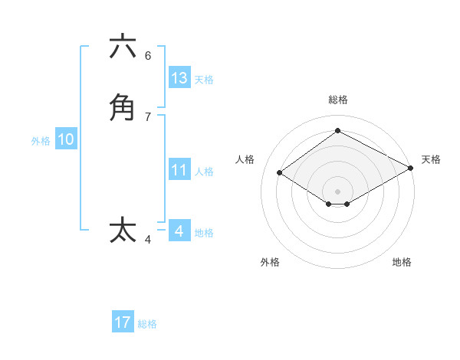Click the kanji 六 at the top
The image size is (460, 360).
pyautogui.click(x=123, y=47)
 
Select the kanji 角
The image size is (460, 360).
pyautogui.click(x=123, y=107)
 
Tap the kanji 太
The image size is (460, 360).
pyautogui.click(x=123, y=230)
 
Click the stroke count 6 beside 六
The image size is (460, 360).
pyautogui.click(x=148, y=56)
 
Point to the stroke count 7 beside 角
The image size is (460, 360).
pyautogui.click(x=148, y=116)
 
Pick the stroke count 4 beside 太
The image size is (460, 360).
pyautogui.click(x=148, y=240)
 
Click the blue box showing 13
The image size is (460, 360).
pyautogui.click(x=179, y=78)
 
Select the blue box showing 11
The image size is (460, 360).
pyautogui.click(x=179, y=170)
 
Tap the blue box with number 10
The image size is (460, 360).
pyautogui.click(x=66, y=139)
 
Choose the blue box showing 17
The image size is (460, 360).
pyautogui.click(x=123, y=322)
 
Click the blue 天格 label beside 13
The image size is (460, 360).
pyautogui.click(x=204, y=80)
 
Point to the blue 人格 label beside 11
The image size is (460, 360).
pyautogui.click(x=204, y=172)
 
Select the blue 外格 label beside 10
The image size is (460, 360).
pyautogui.click(x=41, y=141)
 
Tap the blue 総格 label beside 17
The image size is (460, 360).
pyautogui.click(x=147, y=324)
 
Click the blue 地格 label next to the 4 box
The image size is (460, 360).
pyautogui.click(x=204, y=233)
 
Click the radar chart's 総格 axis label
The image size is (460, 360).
pyautogui.click(x=338, y=100)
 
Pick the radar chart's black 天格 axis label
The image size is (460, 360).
pyautogui.click(x=431, y=159)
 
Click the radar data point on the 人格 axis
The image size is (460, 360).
pyautogui.click(x=280, y=173)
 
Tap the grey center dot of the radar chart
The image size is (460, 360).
pyautogui.click(x=337, y=191)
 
